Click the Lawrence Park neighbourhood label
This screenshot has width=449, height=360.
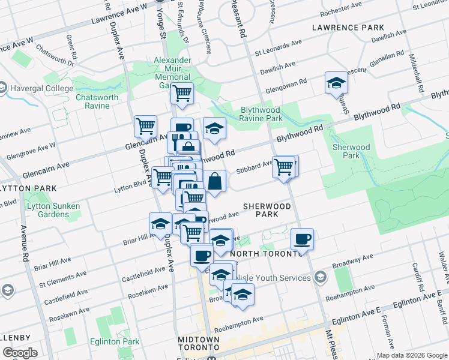(x=348, y=28)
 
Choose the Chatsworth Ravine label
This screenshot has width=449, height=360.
(x=92, y=101)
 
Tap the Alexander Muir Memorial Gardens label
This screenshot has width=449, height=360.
(x=172, y=73)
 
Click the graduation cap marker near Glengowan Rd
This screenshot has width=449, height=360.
(x=336, y=83)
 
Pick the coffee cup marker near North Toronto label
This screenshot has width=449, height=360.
(x=302, y=239)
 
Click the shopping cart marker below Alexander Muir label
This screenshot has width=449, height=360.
(x=182, y=93)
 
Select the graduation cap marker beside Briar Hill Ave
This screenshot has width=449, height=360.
(x=160, y=224)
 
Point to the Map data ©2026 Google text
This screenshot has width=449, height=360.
(x=412, y=355)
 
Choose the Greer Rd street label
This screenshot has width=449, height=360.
(x=70, y=47)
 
